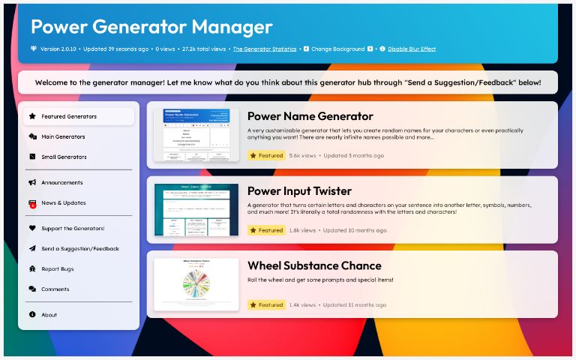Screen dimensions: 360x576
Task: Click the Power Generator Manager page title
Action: pyautogui.click(x=151, y=27)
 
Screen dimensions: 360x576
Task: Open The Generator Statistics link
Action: pyautogui.click(x=265, y=49)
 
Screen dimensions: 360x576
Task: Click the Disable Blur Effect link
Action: pyautogui.click(x=412, y=49)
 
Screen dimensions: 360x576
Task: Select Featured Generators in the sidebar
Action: pyautogui.click(x=69, y=117)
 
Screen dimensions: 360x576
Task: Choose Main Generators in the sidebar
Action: pyautogui.click(x=63, y=137)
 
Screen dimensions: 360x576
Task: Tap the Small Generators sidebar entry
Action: pyautogui.click(x=64, y=157)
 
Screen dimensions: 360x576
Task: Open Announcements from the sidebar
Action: pyautogui.click(x=62, y=183)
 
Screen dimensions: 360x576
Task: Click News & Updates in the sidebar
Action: pyautogui.click(x=64, y=203)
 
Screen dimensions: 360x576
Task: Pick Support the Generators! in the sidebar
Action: pyautogui.click(x=73, y=229)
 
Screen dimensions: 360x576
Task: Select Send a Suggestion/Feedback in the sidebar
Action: pyautogui.click(x=80, y=249)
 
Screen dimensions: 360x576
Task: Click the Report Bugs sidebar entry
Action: pyautogui.click(x=58, y=269)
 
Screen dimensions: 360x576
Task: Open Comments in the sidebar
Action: pyautogui.click(x=55, y=289)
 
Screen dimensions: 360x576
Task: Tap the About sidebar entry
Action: pyautogui.click(x=49, y=315)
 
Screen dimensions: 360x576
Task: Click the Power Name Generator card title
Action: pyautogui.click(x=310, y=116)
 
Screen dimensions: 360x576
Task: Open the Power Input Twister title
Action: pyautogui.click(x=299, y=190)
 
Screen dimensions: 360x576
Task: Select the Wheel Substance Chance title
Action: pyautogui.click(x=314, y=265)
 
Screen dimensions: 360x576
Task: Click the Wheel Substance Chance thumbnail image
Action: pyautogui.click(x=196, y=284)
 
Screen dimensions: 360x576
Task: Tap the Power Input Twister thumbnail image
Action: pyautogui.click(x=196, y=210)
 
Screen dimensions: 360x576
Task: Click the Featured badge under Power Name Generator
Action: pyautogui.click(x=266, y=156)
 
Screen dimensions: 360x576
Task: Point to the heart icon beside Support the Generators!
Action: pyautogui.click(x=32, y=229)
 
